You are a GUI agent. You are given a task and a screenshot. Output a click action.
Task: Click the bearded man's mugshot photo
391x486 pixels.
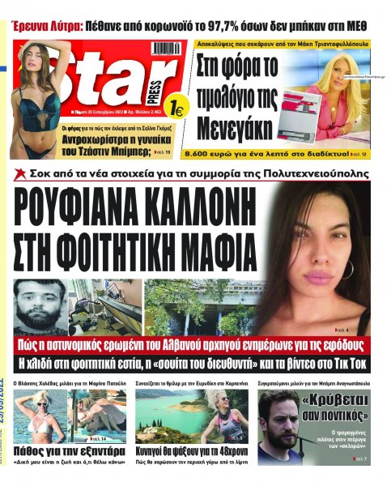(45, 301)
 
